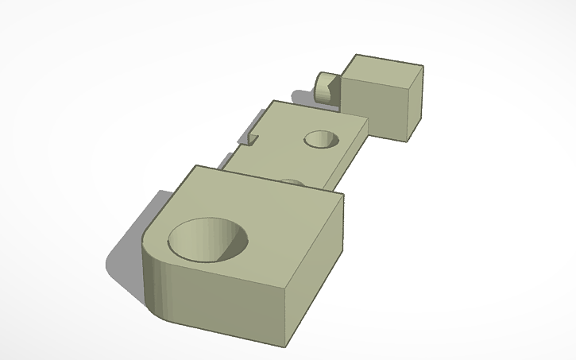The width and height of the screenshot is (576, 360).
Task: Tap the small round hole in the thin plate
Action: [x=322, y=140]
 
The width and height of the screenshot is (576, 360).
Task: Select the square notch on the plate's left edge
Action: [x=253, y=138]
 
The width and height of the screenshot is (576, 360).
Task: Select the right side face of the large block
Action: [x=315, y=270]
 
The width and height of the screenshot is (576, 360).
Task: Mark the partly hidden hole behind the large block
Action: [x=292, y=182]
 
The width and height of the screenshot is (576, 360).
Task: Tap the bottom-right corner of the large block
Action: [x=285, y=347]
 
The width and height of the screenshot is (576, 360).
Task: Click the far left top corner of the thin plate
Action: [x=273, y=101]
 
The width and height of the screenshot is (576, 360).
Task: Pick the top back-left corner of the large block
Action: [x=195, y=166]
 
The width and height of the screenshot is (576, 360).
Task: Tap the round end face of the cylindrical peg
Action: [x=321, y=85]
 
